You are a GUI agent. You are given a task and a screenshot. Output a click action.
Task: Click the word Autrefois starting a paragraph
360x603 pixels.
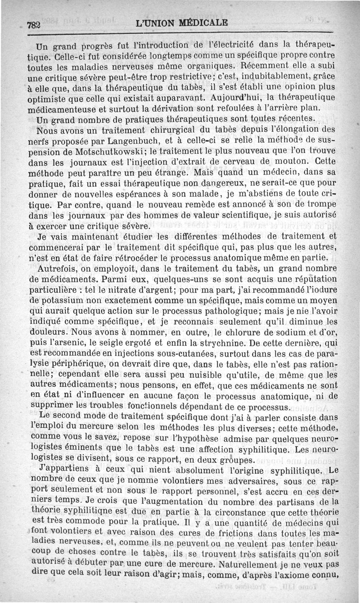coord(56,268)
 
